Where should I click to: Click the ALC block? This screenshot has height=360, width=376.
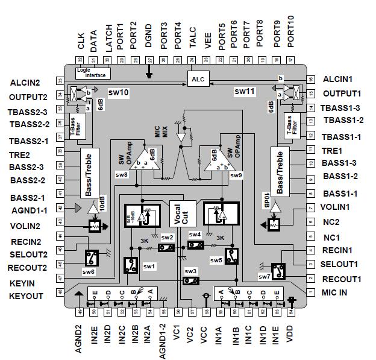pos(197,80)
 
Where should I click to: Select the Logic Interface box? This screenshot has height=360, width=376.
pos(91,72)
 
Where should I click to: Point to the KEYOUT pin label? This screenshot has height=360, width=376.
pos(26,296)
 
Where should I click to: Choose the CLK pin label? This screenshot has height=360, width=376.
pos(81,42)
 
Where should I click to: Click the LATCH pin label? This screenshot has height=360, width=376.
pos(108,37)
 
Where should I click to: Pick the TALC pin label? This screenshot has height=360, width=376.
pos(193,39)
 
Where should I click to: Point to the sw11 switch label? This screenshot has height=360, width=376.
pos(245,92)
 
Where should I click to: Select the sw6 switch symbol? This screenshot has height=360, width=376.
pos(92,257)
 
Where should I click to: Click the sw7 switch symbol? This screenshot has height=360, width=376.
pos(278,272)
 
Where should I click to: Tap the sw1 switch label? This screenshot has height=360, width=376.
pos(149,266)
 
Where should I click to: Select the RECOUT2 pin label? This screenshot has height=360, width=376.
pos(27,268)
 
